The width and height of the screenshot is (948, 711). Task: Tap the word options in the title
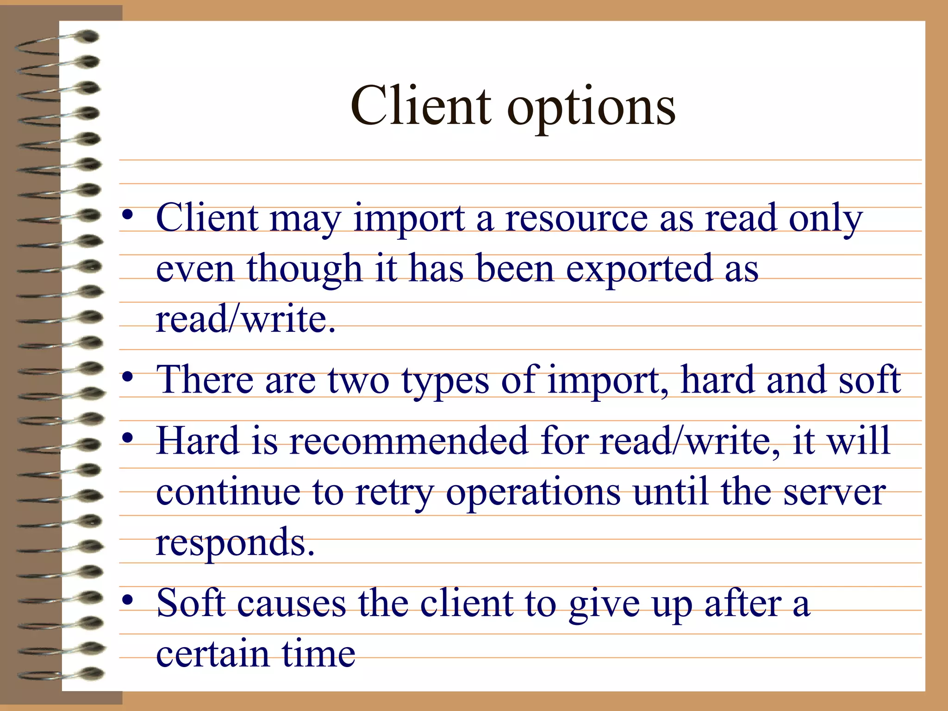coord(591,109)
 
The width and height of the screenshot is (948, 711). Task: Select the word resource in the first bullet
coord(576,218)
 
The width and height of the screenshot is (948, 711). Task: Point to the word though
coord(304,269)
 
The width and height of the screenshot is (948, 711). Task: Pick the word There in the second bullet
coord(205,380)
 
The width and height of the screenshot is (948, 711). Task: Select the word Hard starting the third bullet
coord(198,441)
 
